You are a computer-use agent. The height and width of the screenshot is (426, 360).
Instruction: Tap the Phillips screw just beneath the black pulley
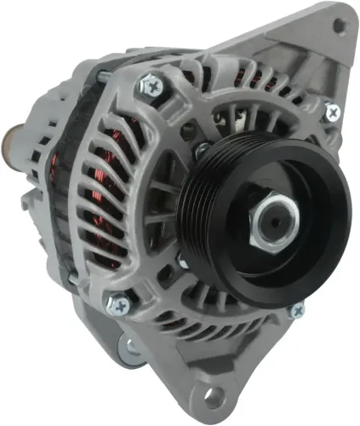pyautogui.click(x=295, y=311)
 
